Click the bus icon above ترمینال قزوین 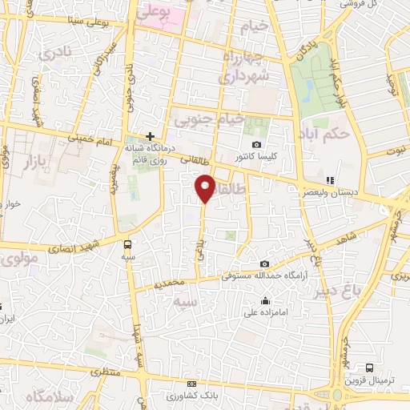coord(369,367)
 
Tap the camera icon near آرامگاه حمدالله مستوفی coord(265,264)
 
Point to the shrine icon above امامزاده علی coord(266,301)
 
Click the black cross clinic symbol coord(150,136)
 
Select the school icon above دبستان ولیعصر coord(330,180)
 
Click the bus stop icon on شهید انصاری coord(127,243)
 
